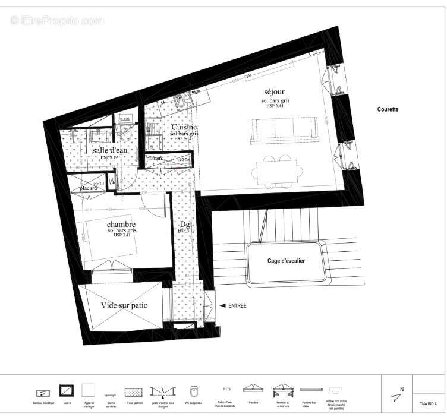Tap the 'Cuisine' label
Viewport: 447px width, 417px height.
[184, 128]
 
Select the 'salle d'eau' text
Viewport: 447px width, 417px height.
[110, 151]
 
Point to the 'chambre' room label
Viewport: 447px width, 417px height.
[122, 224]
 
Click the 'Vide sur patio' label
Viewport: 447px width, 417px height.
[124, 305]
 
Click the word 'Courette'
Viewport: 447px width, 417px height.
[388, 109]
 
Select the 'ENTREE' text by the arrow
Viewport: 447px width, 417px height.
[237, 306]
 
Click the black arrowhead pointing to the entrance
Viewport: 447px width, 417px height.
[223, 306]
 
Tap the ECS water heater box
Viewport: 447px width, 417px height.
[125, 119]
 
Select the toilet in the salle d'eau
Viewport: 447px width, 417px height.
[125, 134]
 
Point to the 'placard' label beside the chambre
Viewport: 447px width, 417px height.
[89, 188]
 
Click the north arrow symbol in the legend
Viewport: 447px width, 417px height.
[396, 397]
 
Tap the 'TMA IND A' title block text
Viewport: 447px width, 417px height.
[428, 403]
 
